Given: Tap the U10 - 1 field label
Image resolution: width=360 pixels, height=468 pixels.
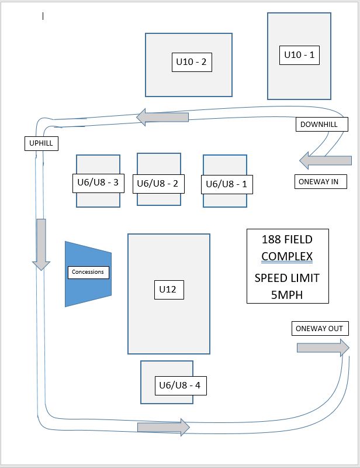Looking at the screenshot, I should pos(299,55).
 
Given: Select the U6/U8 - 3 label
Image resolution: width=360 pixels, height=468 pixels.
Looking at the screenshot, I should pos(98,182).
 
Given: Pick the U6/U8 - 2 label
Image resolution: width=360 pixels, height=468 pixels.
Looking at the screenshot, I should pos(157,183).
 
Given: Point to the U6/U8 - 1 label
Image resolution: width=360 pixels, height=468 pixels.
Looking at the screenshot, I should pos(227,184).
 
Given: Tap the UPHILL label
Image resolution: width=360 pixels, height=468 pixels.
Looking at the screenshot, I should pos(41,143).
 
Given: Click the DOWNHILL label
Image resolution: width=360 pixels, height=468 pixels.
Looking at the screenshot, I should pos(323,125).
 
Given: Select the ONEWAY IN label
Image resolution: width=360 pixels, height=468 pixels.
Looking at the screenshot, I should pos(319,182).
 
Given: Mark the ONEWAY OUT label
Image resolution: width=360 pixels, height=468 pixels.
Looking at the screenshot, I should pos(320,328).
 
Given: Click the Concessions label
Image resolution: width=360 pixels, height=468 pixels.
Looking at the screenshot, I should pos(87,272).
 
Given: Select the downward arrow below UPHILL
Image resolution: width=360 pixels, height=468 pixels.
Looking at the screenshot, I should pos(41,244).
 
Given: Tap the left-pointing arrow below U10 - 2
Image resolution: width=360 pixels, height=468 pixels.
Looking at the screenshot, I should pos(162,118).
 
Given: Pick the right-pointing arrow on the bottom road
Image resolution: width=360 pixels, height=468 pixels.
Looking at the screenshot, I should pos(164,427).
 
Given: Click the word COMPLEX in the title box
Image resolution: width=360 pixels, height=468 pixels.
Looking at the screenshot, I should pos(287,256).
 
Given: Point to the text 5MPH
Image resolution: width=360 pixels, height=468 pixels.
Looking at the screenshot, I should pos(287,295).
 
